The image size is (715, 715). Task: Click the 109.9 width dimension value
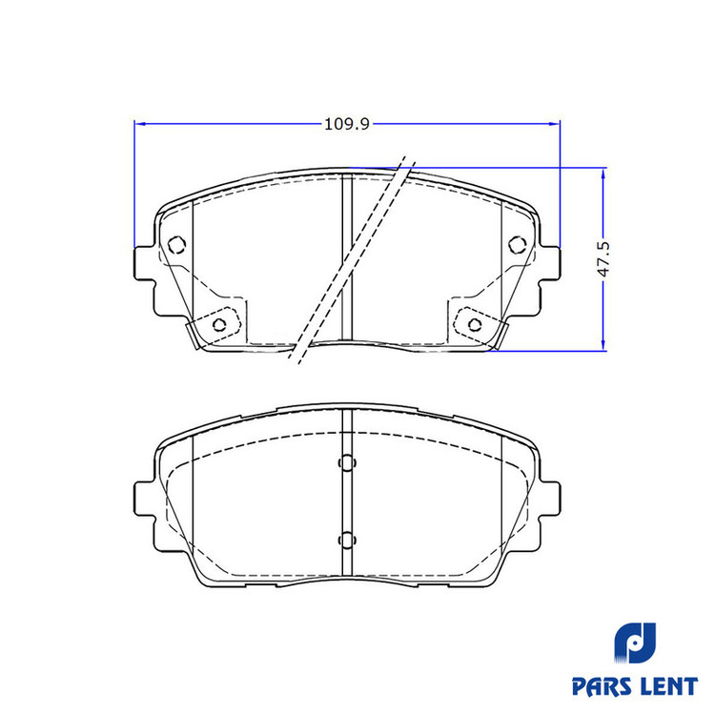pos(347,124)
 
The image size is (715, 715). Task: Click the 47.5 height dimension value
pos(603,259)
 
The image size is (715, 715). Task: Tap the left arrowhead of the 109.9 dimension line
pos(140,124)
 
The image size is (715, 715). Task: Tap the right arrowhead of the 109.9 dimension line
pos(555,124)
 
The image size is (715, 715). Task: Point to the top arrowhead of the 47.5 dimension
pos(603,174)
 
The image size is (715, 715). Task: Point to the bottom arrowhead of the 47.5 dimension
pos(603,345)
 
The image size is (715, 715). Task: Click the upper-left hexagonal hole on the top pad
pos(177,245)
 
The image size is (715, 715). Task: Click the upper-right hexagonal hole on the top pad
pos(518,245)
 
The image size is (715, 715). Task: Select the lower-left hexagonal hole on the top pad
pos(220,324)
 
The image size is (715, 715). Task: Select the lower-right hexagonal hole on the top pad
pos(475,324)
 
